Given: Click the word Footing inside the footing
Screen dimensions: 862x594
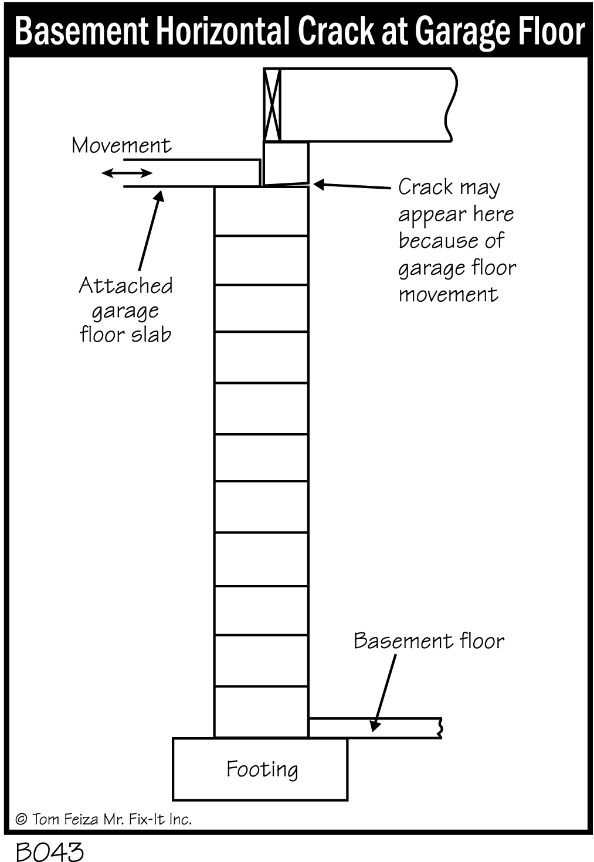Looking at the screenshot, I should [262, 769].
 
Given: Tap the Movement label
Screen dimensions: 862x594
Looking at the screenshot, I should [121, 145].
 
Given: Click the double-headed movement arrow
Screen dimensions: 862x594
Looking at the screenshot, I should [127, 173].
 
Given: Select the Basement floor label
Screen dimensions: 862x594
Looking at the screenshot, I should [429, 640].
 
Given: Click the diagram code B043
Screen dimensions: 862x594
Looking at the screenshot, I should [50, 851].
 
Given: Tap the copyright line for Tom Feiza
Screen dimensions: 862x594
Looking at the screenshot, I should [104, 819].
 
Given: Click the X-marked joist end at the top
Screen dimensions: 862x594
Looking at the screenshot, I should [272, 105].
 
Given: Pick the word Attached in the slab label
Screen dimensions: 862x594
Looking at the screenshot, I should [126, 286].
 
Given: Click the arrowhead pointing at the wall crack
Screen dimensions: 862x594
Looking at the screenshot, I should [317, 185].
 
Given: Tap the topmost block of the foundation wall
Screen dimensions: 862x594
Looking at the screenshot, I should [261, 212].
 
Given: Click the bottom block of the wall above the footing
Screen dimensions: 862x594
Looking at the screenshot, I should [261, 711].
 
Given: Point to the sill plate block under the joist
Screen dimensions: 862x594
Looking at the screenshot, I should [285, 162].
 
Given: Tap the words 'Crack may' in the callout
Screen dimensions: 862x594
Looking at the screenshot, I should [449, 188].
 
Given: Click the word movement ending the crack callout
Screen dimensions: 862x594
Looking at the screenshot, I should [448, 294].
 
